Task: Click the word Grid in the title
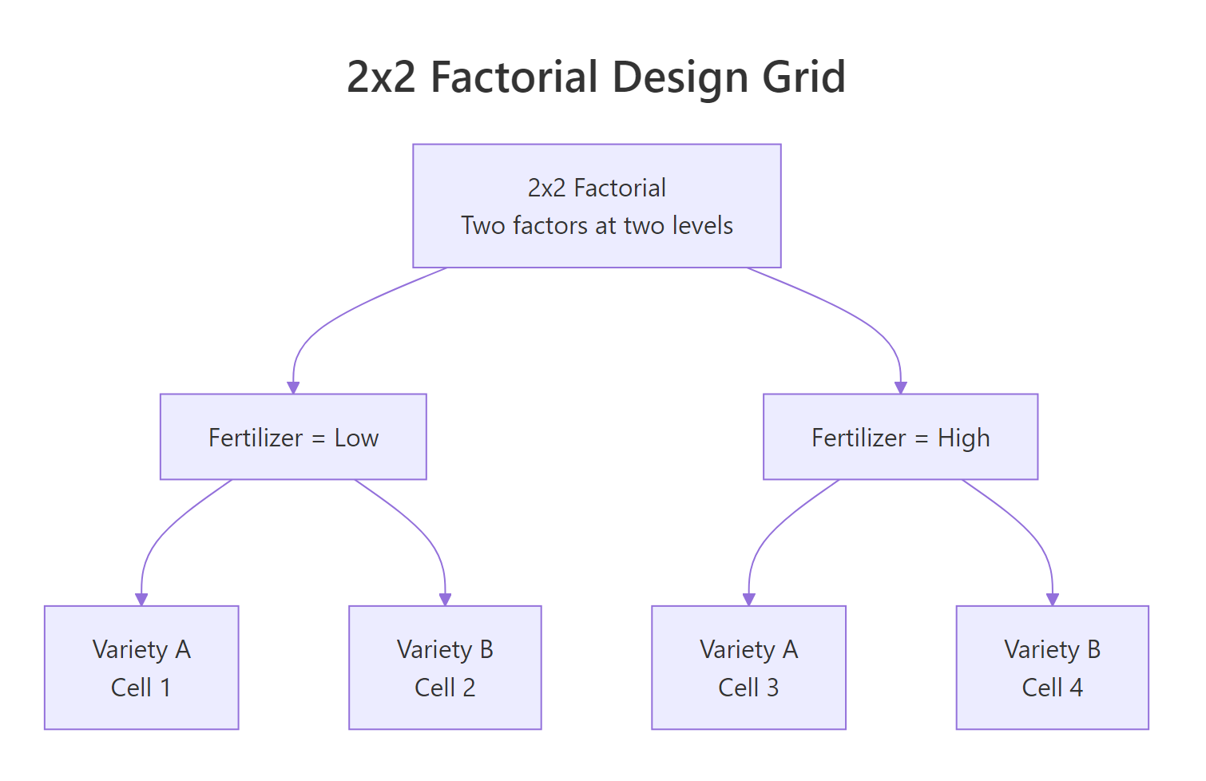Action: point(803,77)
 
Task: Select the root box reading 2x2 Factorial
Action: point(597,205)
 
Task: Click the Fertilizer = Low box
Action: point(293,437)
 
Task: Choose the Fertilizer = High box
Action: point(900,437)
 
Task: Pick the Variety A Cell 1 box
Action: point(141,667)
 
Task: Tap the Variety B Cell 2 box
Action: point(445,667)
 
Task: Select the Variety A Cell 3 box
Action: point(748,667)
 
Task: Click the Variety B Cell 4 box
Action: point(1052,667)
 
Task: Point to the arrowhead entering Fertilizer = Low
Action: point(293,388)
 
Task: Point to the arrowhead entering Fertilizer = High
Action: point(901,388)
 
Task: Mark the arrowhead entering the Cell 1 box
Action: point(141,600)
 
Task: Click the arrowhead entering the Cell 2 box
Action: point(446,600)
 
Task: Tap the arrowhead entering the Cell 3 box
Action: point(749,600)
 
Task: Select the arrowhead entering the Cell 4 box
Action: point(1053,600)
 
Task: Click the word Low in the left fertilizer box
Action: point(356,438)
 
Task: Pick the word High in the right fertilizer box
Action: point(963,438)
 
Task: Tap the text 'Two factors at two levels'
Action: point(597,225)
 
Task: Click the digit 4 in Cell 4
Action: point(1076,688)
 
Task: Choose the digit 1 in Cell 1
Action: point(165,688)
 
